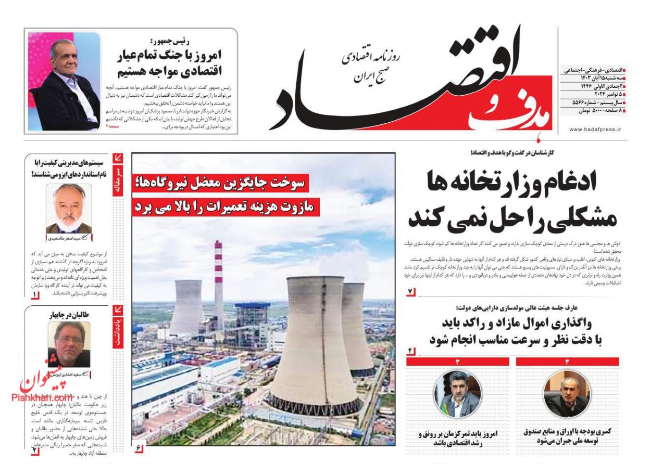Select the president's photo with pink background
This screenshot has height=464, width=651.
(x=64, y=81)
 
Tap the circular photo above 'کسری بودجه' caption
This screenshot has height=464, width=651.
(x=567, y=394)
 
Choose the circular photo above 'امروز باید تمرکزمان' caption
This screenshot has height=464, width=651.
(x=457, y=394)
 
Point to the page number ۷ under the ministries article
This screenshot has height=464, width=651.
(x=410, y=291)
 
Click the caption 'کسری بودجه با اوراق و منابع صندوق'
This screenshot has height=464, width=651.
(x=567, y=431)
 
